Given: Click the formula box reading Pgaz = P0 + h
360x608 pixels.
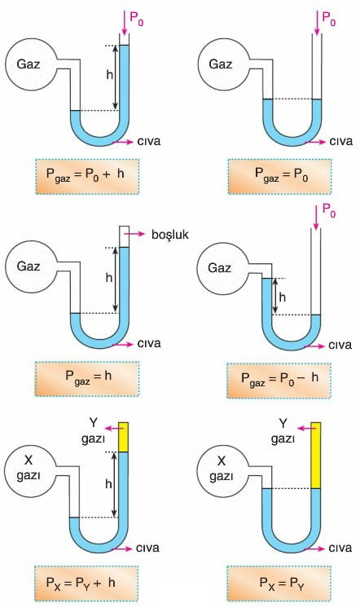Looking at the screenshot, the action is pos(87,176).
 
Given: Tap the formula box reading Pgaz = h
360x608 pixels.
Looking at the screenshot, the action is pos(87,379).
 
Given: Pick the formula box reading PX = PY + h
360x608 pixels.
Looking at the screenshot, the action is pos(86,584).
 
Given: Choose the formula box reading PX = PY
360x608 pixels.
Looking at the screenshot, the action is pos(279,584).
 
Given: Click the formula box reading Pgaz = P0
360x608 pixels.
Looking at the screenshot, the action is pos(280,176).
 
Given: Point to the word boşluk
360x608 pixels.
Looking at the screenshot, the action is pos(170,235).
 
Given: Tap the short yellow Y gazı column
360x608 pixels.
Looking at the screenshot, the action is pos(123,437).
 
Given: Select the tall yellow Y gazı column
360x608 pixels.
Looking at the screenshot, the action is pos(316,456).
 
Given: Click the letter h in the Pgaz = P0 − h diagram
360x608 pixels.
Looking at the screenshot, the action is pos(283,297).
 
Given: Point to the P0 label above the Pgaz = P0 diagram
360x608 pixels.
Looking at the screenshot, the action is pos(329,19).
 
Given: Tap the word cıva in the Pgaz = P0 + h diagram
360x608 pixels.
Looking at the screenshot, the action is pos(149,141).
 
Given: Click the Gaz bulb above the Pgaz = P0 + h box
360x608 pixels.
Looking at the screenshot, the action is pos(29,64).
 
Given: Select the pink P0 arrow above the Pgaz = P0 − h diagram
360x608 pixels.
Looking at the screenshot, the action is pos(317,216).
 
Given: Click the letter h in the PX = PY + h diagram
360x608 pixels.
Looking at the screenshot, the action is pos(109,484).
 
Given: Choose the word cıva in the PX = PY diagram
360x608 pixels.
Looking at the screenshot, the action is pos(340,548).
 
